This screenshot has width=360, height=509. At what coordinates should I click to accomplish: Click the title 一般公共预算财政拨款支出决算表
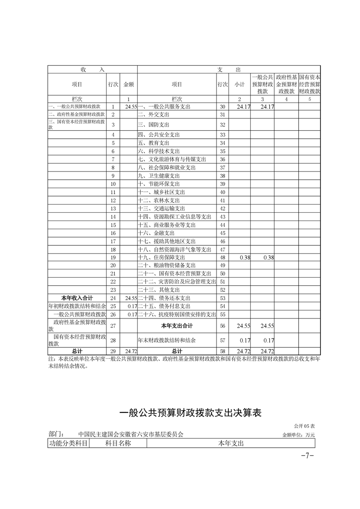click(x=190, y=413)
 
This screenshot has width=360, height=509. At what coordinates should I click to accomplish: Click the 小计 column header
click(x=239, y=84)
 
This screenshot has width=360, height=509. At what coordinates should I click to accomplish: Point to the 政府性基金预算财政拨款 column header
click(x=286, y=84)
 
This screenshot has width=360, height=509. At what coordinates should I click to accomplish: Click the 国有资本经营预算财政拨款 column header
click(x=310, y=84)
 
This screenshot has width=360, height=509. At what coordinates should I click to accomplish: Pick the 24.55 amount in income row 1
click(x=131, y=107)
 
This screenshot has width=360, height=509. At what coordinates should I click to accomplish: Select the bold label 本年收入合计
click(x=77, y=298)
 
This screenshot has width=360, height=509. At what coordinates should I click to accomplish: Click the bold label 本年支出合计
click(x=177, y=326)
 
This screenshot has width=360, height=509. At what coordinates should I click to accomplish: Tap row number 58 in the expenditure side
click(x=222, y=351)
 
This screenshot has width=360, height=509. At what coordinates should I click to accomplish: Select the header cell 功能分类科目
click(x=68, y=443)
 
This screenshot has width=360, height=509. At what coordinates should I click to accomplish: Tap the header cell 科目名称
click(x=118, y=443)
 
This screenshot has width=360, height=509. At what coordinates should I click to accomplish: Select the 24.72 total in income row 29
click(x=131, y=351)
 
